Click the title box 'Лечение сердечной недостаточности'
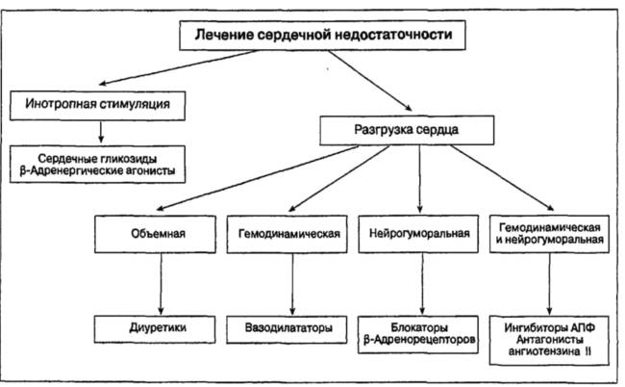(x=322, y=35)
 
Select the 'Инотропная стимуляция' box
(x=98, y=105)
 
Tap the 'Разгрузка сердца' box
(x=407, y=130)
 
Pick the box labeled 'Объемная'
(x=155, y=234)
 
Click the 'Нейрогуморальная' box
(x=418, y=234)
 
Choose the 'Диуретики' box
(x=155, y=329)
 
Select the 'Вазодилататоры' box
(x=287, y=329)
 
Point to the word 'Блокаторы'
(x=419, y=327)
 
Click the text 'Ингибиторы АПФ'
(x=550, y=327)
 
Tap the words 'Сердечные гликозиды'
(x=97, y=159)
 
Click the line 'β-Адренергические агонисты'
(x=97, y=170)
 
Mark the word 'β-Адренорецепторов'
(x=419, y=340)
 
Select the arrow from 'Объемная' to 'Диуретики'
(x=161, y=284)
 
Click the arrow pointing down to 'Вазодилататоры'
(x=292, y=284)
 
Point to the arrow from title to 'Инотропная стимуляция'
(x=180, y=67)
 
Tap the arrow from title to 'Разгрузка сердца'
(x=370, y=80)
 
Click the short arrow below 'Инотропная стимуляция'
(x=101, y=132)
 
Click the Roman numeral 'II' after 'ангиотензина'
(x=587, y=351)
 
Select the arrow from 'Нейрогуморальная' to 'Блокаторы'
(x=422, y=284)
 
